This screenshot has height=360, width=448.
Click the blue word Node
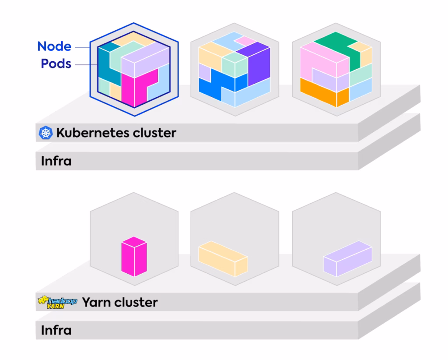click(x=54, y=46)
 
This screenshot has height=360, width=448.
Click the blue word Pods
click(x=56, y=64)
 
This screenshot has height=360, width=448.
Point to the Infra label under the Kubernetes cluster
click(x=56, y=161)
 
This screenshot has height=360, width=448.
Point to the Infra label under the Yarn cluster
click(x=56, y=330)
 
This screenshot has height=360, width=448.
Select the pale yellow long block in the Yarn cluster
click(x=222, y=258)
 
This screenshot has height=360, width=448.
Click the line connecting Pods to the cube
click(x=85, y=64)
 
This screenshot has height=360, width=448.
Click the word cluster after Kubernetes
click(x=156, y=133)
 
